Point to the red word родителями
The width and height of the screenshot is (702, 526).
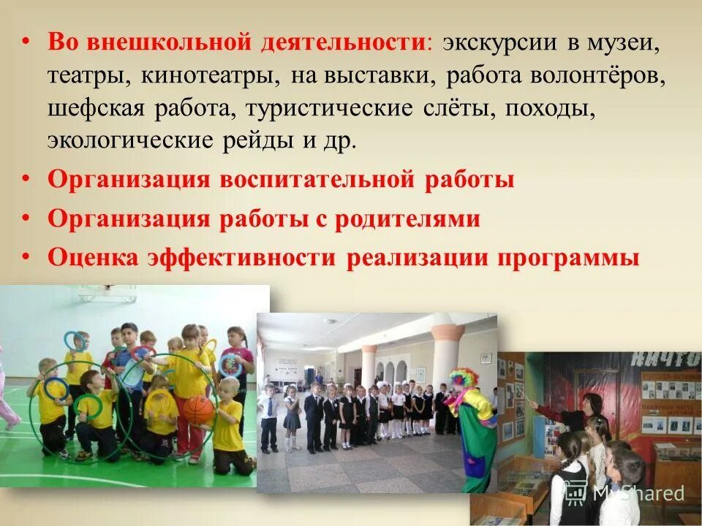(408, 219)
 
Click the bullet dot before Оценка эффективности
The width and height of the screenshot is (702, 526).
(27, 258)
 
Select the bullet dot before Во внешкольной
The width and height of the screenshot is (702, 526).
(27, 42)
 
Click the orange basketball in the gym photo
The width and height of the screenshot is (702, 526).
(197, 409)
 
